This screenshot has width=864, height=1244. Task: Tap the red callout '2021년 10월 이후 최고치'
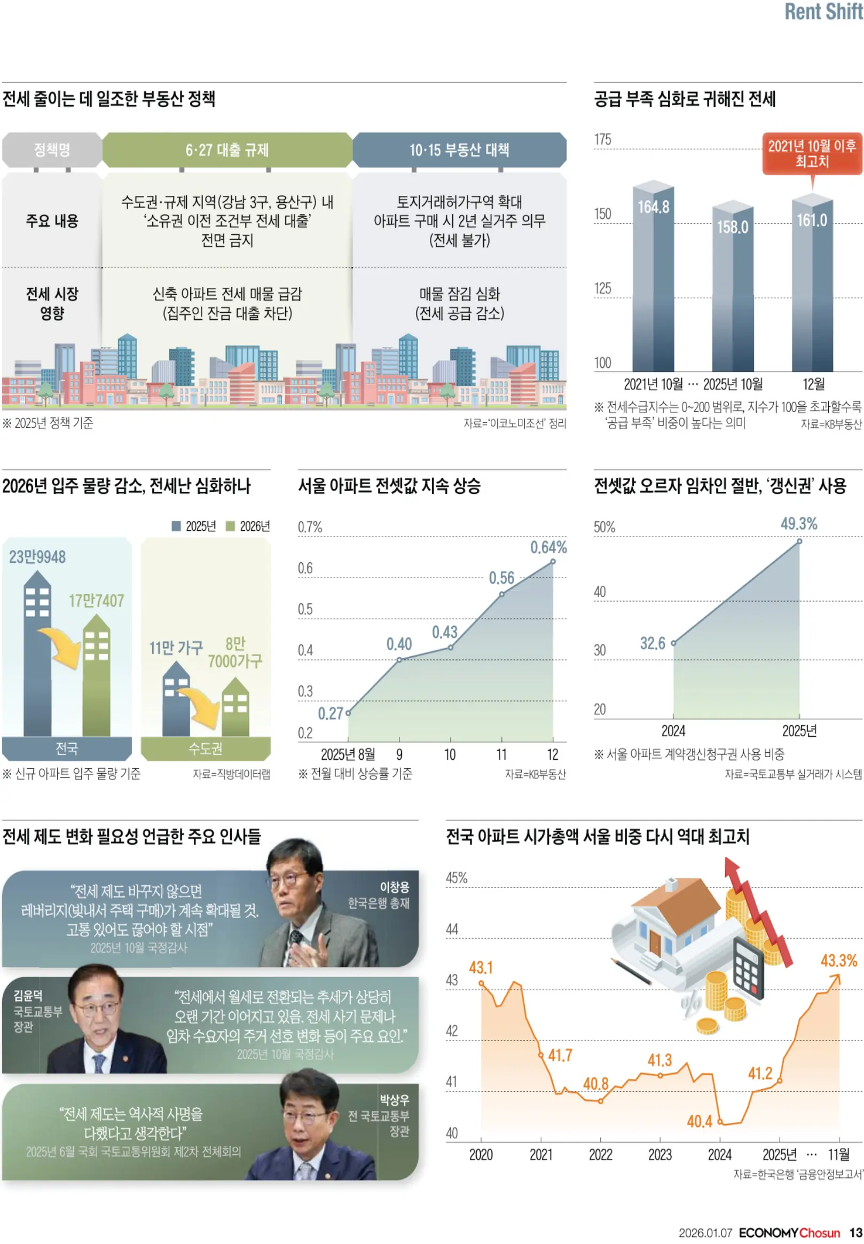click(812, 154)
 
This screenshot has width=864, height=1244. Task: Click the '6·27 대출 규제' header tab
click(227, 150)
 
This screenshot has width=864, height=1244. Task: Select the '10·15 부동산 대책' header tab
click(459, 150)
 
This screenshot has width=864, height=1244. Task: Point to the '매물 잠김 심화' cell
click(459, 294)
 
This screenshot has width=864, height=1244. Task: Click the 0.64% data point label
click(548, 548)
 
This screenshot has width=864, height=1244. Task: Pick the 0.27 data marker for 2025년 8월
click(348, 713)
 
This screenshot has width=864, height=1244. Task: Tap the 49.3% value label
click(798, 524)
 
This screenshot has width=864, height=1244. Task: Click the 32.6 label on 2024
click(653, 643)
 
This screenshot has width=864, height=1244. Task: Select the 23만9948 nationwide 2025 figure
click(37, 557)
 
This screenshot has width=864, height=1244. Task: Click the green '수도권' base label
click(205, 749)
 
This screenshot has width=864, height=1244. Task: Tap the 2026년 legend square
click(230, 526)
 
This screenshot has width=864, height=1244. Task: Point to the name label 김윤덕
click(28, 996)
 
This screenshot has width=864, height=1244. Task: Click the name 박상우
click(394, 1100)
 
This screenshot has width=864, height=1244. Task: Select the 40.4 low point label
click(700, 1122)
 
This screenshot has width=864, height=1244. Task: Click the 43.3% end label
click(838, 961)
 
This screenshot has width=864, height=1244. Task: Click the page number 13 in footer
click(855, 1233)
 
